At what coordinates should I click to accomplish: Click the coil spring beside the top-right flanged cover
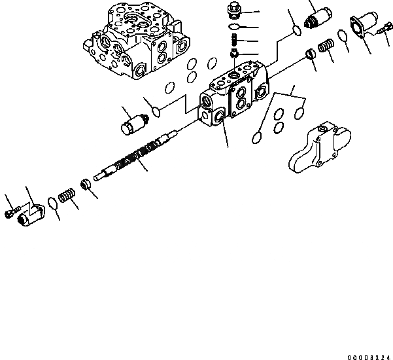point(326,48)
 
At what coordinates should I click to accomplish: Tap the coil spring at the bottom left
point(66,196)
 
